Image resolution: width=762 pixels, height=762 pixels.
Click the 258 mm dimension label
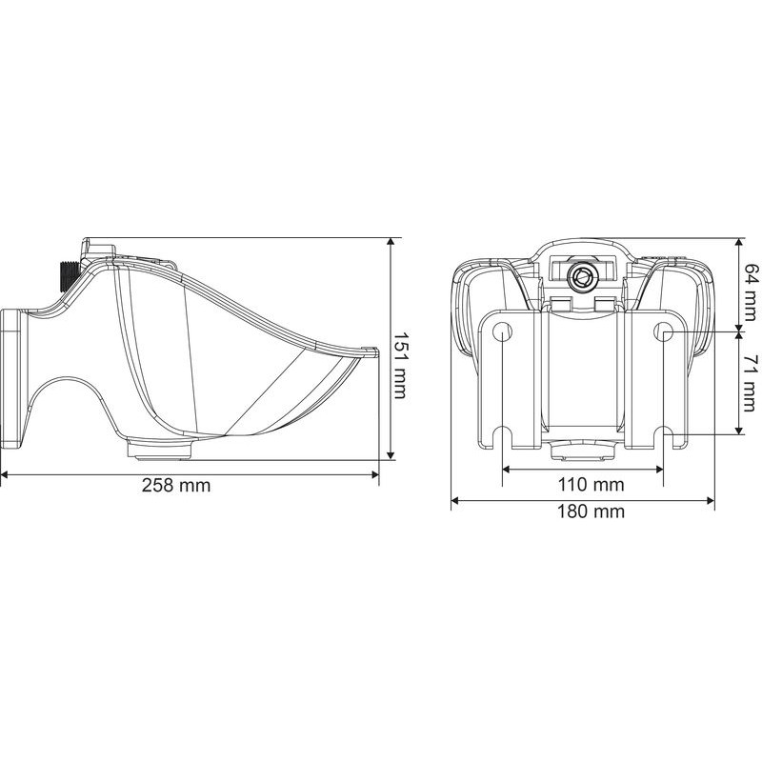click(x=176, y=485)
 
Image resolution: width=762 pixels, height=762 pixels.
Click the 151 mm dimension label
click(x=400, y=359)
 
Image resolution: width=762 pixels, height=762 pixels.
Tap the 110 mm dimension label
click(x=591, y=485)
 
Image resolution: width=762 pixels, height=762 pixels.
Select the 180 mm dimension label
click(x=591, y=511)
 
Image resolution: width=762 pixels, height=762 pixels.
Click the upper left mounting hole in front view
click(x=502, y=331)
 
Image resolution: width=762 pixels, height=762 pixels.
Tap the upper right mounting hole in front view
click(x=663, y=331)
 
